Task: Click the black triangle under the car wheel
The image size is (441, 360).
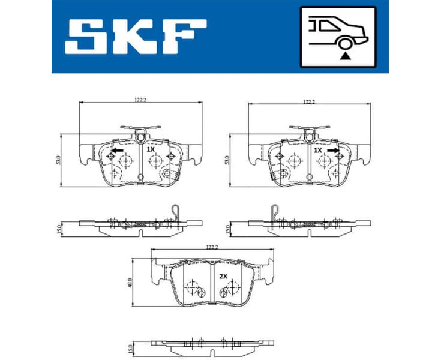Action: [344, 55]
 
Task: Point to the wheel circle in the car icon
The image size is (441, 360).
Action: [344, 43]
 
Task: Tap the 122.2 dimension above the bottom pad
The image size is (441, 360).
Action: [211, 247]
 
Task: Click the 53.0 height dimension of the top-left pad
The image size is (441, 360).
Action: [58, 160]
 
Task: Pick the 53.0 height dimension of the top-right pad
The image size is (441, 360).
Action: [227, 160]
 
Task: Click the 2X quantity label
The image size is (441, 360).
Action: [224, 276]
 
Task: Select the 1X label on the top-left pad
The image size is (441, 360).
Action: [150, 149]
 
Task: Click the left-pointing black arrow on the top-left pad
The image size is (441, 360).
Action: [117, 150]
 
